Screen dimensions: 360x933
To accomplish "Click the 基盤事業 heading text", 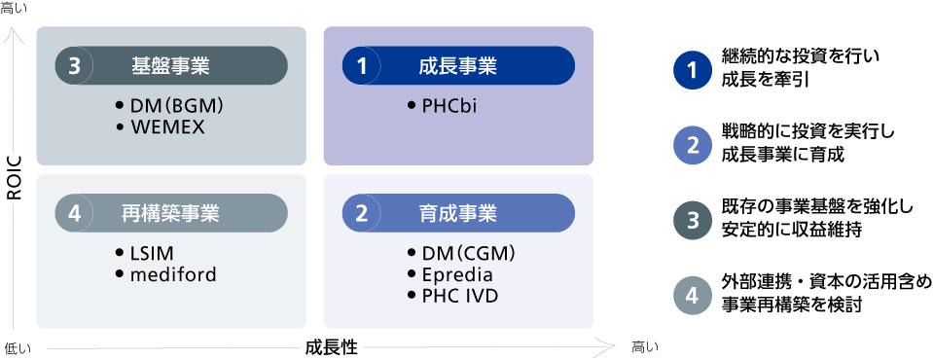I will click(x=170, y=66).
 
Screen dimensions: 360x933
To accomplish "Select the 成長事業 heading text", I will click(x=457, y=66).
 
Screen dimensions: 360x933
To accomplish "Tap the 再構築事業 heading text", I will click(x=170, y=213).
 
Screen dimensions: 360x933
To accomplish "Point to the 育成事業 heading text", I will click(x=457, y=213).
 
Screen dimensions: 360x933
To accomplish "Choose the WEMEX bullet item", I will click(x=167, y=126).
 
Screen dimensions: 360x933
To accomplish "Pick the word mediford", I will click(x=172, y=274).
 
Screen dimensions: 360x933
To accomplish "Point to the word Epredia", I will click(x=456, y=274).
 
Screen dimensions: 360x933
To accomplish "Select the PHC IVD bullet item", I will click(x=459, y=294).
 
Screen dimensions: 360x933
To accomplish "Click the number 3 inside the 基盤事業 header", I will click(x=74, y=66).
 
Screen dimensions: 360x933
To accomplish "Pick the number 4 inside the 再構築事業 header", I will click(x=74, y=213).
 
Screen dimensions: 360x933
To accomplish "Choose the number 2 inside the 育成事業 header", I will click(x=361, y=213).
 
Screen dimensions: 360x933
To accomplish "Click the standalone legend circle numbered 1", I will click(x=693, y=71).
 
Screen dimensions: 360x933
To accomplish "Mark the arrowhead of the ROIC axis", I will click(x=14, y=34).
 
